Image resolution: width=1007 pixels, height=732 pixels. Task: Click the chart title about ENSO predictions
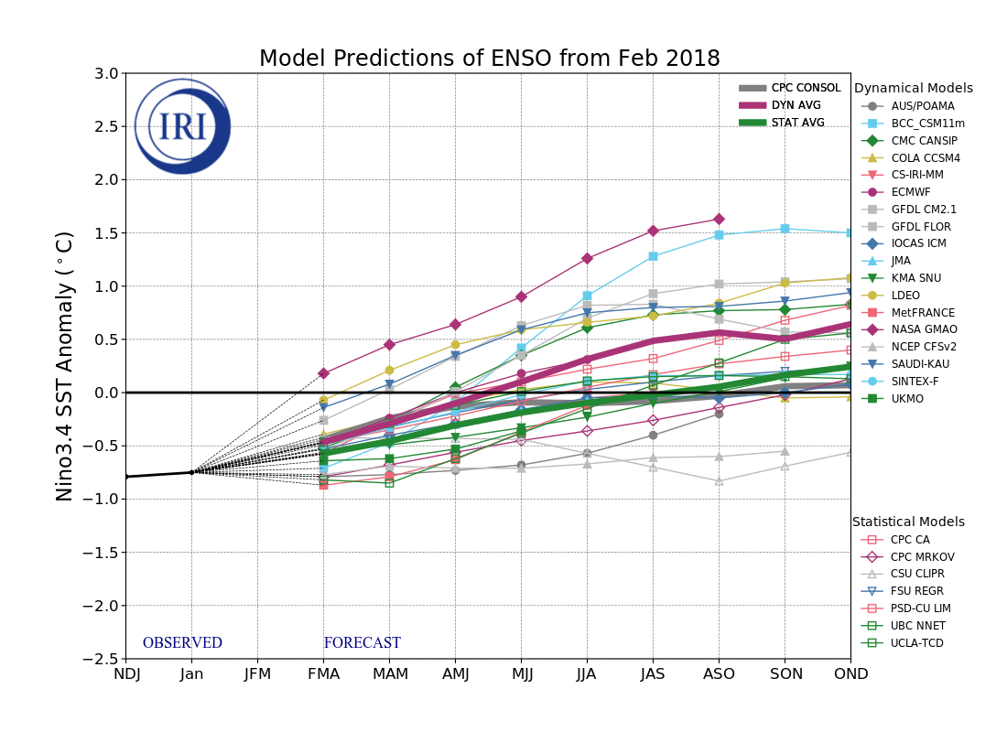489,59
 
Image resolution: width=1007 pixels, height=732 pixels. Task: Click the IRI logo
183,126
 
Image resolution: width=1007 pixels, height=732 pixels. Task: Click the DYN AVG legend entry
796,105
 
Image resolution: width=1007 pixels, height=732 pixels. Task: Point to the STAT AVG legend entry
797,123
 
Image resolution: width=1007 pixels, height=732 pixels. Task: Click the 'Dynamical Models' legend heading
913,89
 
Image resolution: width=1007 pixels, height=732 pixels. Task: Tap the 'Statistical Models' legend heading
908,522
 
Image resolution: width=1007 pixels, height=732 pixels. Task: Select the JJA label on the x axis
587,674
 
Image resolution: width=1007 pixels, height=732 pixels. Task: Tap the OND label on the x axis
850,674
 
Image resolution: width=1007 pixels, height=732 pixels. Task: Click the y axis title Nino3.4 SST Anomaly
65,366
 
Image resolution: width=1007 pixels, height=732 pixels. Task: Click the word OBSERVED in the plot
182,643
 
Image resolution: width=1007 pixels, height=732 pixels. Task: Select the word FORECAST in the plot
362,643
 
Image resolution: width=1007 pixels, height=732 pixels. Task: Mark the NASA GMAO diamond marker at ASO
719,219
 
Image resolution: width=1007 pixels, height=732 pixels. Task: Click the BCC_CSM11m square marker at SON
785,229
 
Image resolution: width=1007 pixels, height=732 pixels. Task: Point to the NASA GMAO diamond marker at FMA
323,373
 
